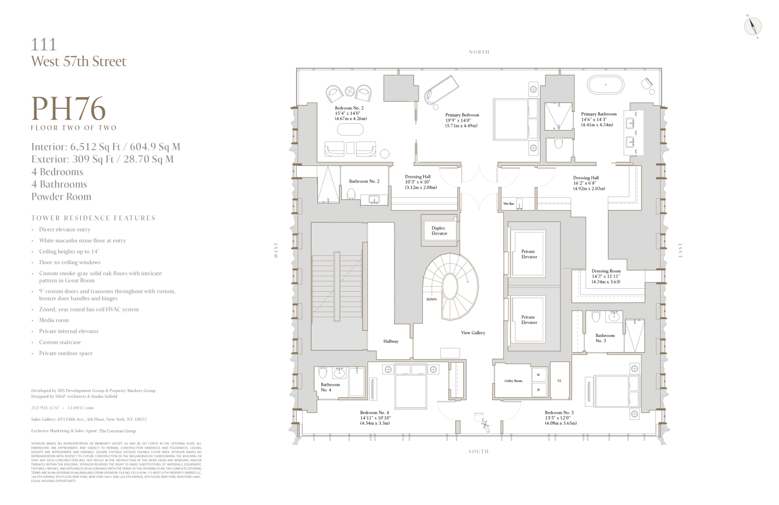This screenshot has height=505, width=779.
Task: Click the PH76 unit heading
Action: [69, 109]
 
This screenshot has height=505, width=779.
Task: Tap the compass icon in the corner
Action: [753, 26]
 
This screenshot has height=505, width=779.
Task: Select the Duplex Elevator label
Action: [439, 230]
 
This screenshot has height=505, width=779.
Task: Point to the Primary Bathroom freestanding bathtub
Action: [606, 85]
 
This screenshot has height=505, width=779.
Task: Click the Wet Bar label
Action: [508, 204]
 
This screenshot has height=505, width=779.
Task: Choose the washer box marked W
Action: [539, 374]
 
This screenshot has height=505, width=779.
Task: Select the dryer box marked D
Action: [539, 390]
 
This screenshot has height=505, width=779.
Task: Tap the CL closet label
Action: [559, 381]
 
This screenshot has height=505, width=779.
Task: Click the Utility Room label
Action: [513, 381]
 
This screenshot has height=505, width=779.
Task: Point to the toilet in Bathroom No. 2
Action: [351, 194]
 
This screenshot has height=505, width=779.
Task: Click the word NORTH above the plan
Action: [479, 52]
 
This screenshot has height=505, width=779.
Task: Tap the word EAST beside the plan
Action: [680, 250]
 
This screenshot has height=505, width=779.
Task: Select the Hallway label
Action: [391, 341]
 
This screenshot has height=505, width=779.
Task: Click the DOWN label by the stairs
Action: [432, 299]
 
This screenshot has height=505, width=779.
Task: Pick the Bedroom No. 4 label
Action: [374, 412]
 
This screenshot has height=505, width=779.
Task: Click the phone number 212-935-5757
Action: [45, 408]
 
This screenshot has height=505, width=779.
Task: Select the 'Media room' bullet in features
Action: [54, 320]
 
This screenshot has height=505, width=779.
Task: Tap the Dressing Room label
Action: [606, 271]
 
